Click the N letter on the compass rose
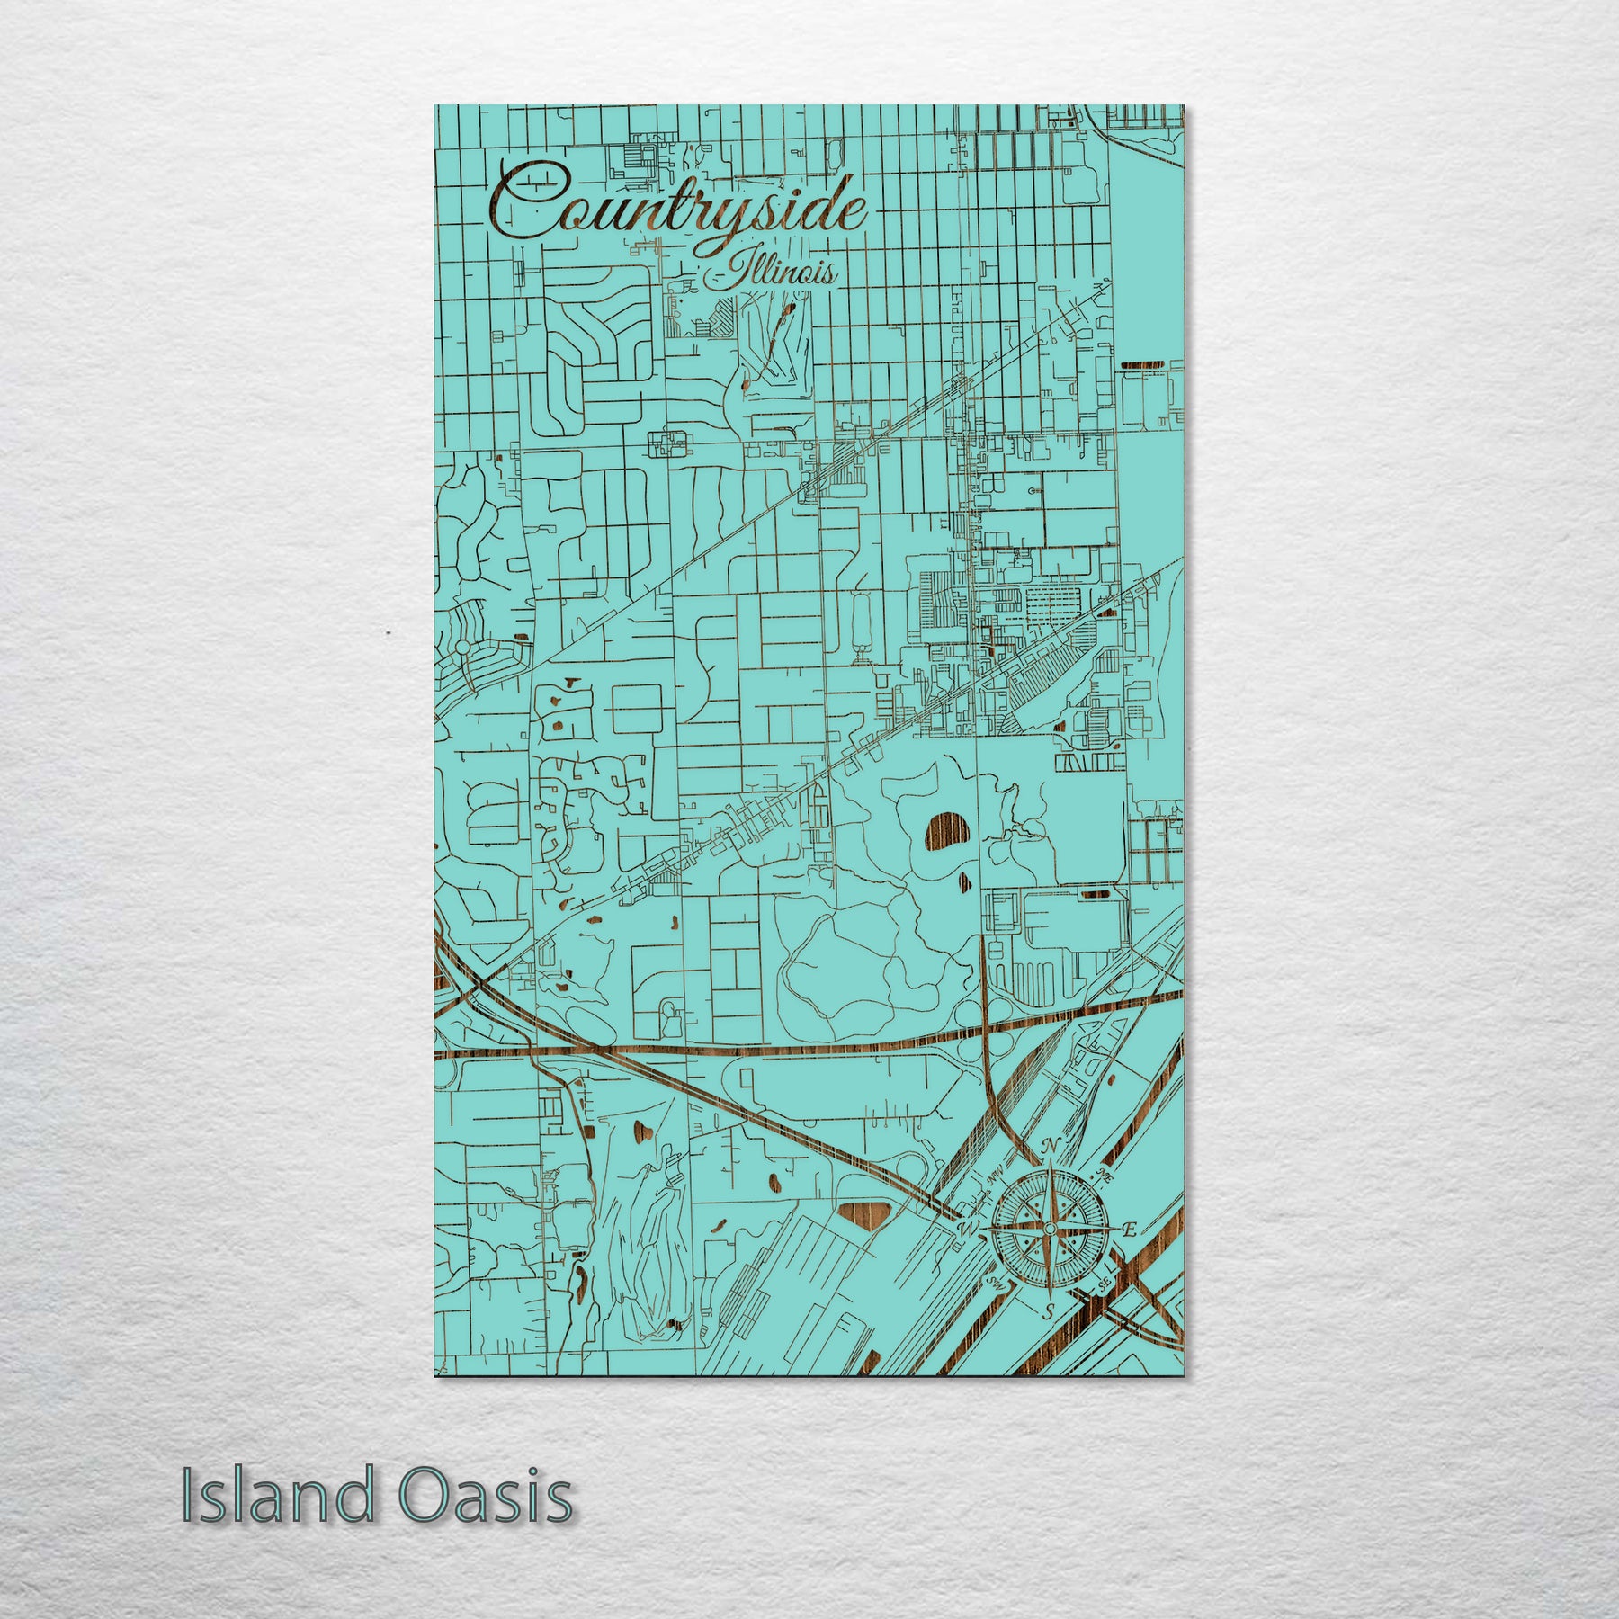coord(1049,1146)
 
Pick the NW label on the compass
coord(994,1176)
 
